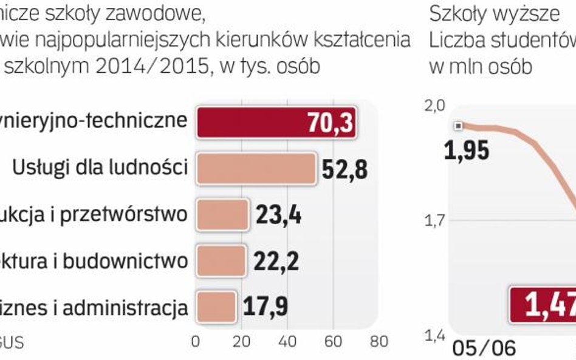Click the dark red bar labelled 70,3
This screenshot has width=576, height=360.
[276, 123]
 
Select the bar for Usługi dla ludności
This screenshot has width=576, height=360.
[256, 168]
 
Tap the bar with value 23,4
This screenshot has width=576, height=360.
[222, 214]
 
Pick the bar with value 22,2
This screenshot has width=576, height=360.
[221, 261]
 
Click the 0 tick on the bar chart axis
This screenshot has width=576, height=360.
[196, 342]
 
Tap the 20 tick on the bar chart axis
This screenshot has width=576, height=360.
[242, 342]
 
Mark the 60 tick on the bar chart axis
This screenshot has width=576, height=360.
[334, 342]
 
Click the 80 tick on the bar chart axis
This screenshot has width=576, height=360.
[379, 342]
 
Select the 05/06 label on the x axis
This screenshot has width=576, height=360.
[484, 348]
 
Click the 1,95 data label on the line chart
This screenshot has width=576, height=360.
[467, 150]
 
